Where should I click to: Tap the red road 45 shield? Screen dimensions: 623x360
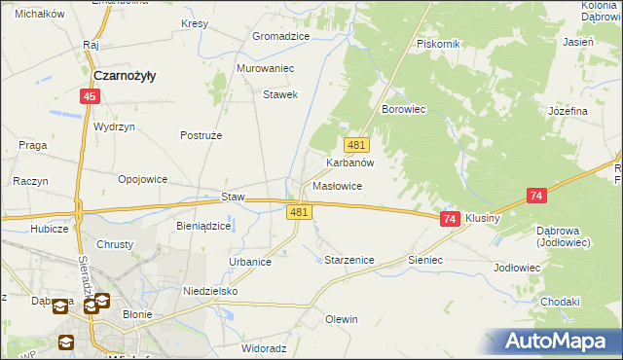tap(90, 96)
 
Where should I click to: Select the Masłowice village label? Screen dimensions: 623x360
tap(338, 186)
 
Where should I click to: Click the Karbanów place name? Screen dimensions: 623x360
tap(350, 163)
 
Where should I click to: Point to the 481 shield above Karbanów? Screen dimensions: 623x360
tap(357, 144)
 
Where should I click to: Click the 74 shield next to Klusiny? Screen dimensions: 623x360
tap(449, 220)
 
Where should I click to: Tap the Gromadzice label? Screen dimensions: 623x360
tap(280, 36)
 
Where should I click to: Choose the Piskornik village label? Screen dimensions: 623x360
tap(437, 45)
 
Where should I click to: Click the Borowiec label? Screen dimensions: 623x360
tap(406, 110)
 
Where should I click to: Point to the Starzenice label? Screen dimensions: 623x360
tap(348, 261)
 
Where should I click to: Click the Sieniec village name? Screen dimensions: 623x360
tap(425, 261)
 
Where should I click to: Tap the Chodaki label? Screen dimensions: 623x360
tap(560, 302)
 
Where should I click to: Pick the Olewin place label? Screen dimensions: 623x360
tap(342, 319)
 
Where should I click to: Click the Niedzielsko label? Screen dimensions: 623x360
tap(210, 291)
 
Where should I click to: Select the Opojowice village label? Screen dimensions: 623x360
tap(143, 180)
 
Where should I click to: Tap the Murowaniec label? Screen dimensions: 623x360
tap(266, 69)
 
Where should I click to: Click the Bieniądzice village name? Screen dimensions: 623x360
tap(203, 226)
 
